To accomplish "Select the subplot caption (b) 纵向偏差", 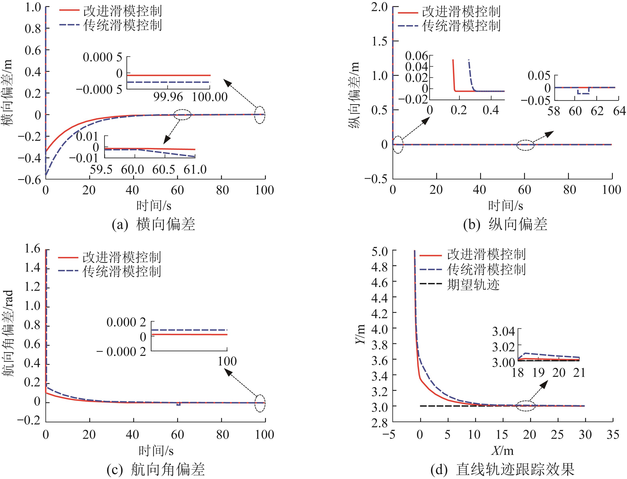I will coord(505,224).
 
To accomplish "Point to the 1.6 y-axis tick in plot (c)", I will coord(32,250).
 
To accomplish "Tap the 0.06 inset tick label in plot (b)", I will coord(417,56).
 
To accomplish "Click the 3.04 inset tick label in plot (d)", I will coord(503,331).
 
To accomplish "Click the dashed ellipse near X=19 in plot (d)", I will coord(525,406).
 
